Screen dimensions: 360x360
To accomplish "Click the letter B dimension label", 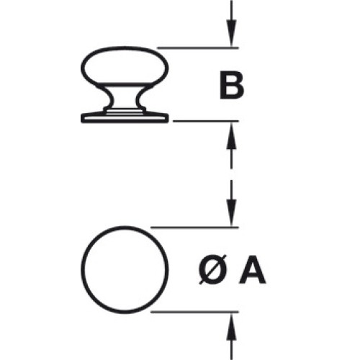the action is tap(232, 85).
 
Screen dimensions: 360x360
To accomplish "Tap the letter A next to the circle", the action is tap(253, 271).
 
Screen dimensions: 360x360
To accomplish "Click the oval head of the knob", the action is tap(125, 66).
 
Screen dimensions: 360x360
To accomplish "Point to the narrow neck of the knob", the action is tap(125, 97).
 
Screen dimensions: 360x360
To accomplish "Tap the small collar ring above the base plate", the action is tap(125, 110).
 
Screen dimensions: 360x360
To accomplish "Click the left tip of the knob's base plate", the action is tap(81, 118).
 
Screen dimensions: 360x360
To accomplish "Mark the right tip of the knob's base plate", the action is tap(168, 118).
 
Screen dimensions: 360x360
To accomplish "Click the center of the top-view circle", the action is tap(125, 269).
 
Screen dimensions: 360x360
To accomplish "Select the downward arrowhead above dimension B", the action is tap(231, 34).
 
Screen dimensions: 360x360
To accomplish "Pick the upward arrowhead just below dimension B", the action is tap(231, 135).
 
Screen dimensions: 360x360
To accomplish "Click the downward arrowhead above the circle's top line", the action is tap(231, 213).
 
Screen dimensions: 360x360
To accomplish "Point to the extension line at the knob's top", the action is tap(198, 48).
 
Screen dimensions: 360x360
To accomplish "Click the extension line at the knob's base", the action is tap(206, 121).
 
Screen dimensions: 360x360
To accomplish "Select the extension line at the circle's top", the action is tap(194, 227).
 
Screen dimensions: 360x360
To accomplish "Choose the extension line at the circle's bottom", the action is tap(194, 312).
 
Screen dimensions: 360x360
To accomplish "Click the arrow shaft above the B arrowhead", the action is tap(231, 10).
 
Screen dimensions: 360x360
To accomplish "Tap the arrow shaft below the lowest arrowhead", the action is tap(231, 351).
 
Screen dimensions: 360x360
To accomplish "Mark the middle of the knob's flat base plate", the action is tap(125, 118).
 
